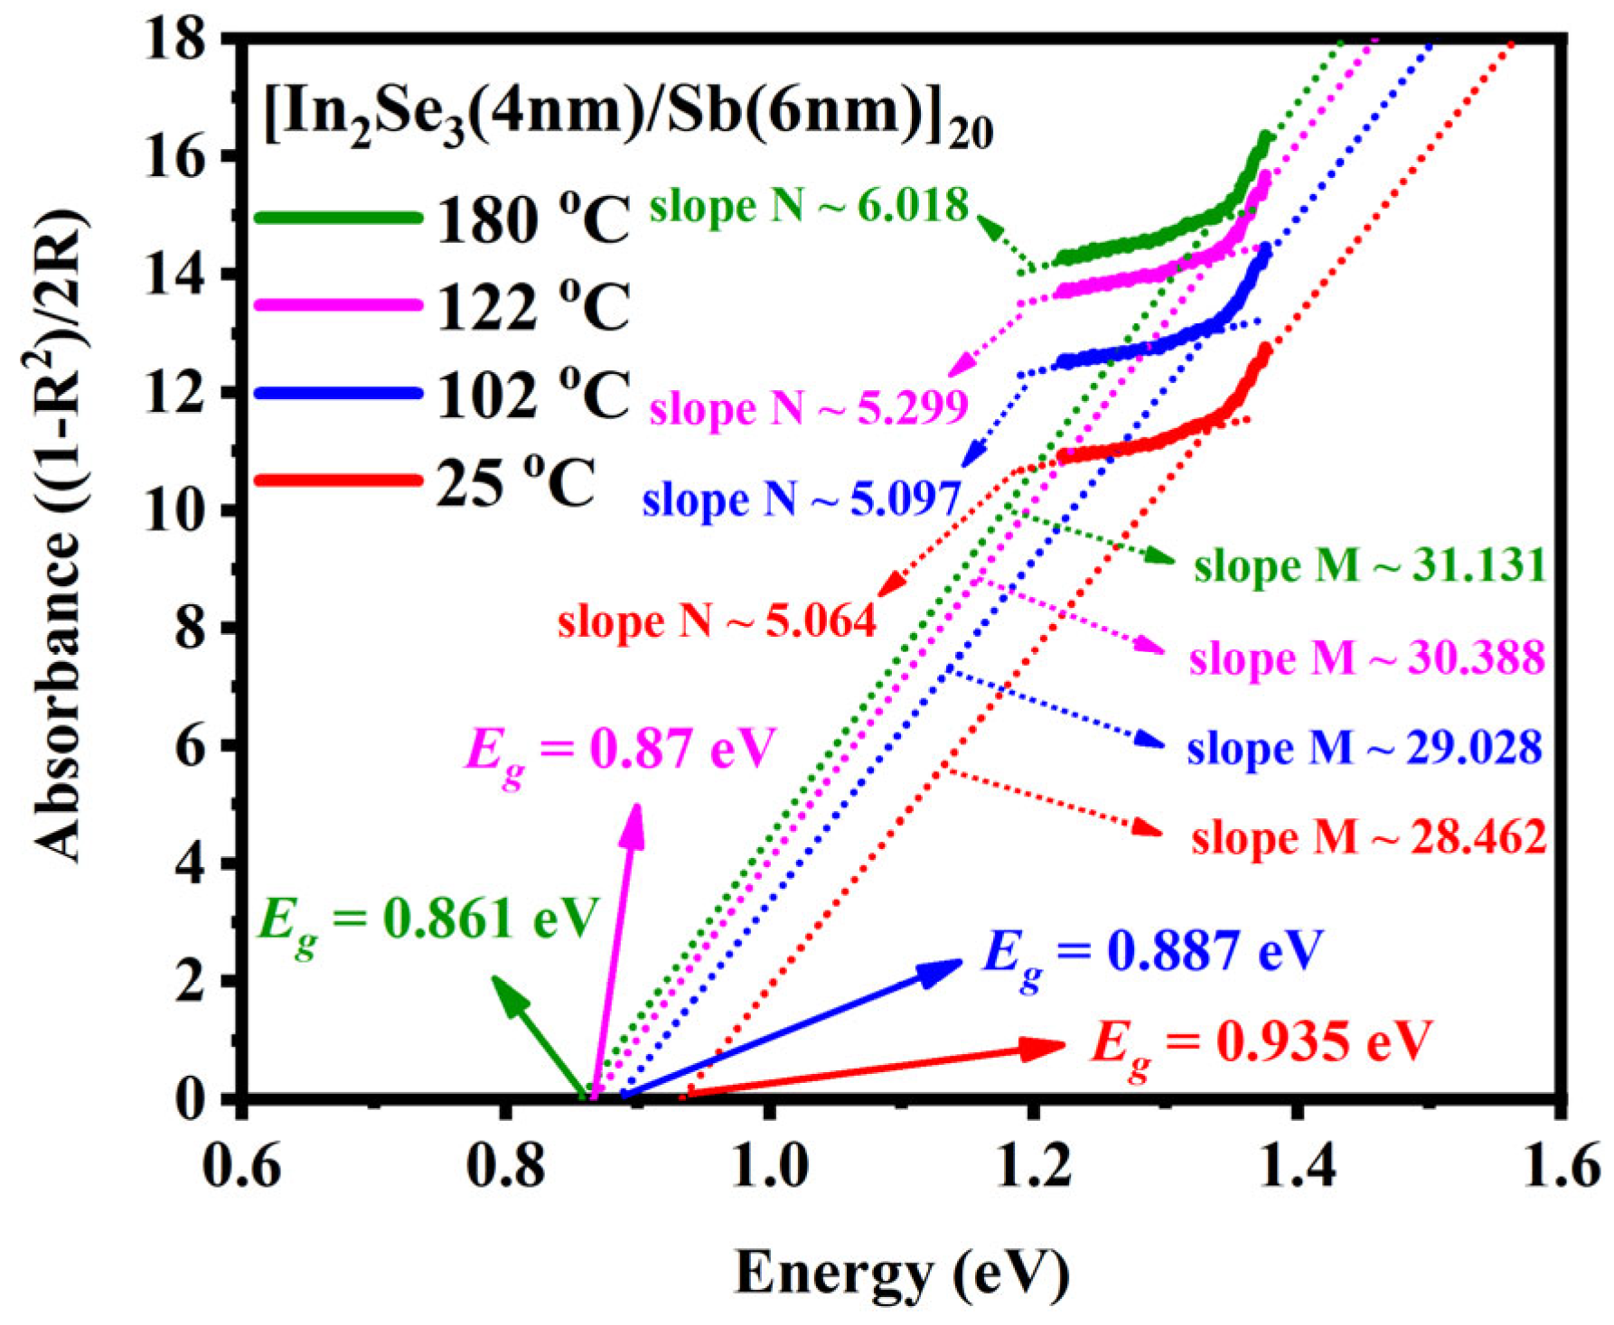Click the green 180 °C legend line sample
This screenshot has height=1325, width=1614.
click(338, 218)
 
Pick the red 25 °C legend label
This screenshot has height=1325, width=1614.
click(516, 482)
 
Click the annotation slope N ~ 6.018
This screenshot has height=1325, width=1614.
click(809, 206)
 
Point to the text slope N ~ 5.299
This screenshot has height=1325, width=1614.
click(809, 408)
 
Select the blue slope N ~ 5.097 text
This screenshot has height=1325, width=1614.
click(801, 499)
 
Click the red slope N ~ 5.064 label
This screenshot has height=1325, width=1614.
click(717, 621)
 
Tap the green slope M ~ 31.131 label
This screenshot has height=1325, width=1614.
click(1370, 566)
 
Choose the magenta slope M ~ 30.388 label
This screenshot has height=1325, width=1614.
click(1366, 658)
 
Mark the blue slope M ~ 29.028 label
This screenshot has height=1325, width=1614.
click(1365, 748)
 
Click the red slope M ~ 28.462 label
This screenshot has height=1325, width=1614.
click(1368, 837)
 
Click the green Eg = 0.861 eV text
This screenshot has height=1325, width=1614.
click(428, 920)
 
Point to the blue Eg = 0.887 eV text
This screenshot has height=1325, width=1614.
click(1152, 952)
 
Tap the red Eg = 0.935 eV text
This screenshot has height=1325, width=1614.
click(1262, 1042)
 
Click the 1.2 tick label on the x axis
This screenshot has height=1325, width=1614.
click(1033, 1168)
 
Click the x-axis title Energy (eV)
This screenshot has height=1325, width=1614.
click(902, 1274)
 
